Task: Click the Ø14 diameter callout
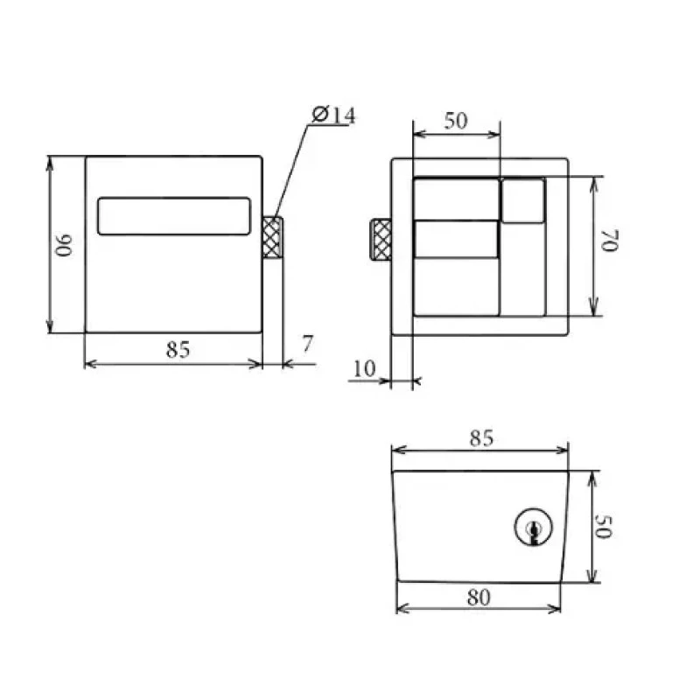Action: coord(333,115)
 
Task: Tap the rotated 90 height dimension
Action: coord(64,245)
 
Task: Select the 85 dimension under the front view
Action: coord(178,349)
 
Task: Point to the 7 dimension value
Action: coord(308,344)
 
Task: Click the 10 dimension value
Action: coord(364,368)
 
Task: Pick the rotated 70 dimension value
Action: coord(610,241)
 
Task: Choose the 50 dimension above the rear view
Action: coord(456,121)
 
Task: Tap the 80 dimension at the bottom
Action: coord(479,598)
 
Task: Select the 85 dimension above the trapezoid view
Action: coord(482,438)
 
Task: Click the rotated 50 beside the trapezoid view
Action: coord(604,527)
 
